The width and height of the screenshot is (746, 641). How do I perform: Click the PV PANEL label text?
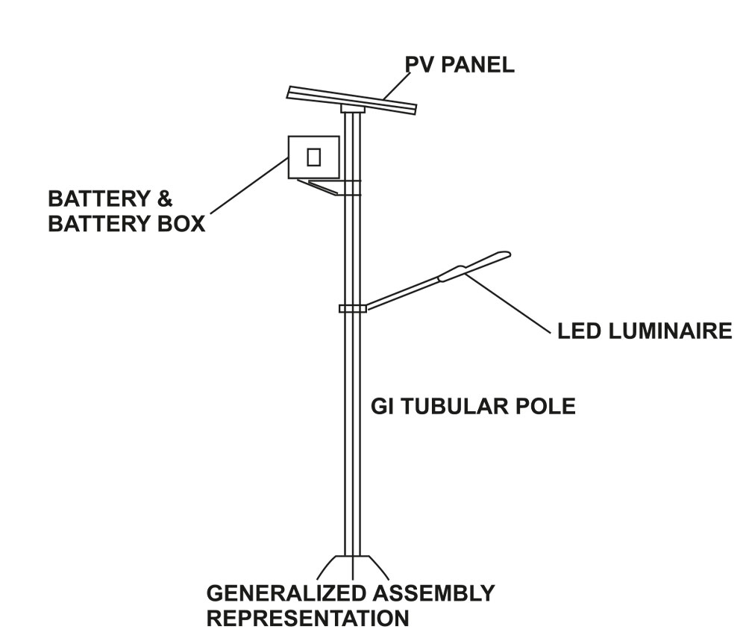tap(460, 65)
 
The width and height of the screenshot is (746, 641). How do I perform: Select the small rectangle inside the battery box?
tap(314, 157)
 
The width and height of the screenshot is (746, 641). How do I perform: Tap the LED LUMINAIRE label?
tap(645, 331)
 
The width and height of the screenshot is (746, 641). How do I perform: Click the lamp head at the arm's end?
tap(474, 266)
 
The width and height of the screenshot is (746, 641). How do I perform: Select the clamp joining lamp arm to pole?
tap(351, 308)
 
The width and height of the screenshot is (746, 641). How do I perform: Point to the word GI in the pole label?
tap(382, 407)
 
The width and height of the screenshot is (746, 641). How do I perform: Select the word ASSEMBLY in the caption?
tap(433, 594)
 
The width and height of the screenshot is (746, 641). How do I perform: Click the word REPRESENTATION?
tap(307, 619)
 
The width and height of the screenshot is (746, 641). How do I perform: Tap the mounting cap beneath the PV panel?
tap(352, 109)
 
